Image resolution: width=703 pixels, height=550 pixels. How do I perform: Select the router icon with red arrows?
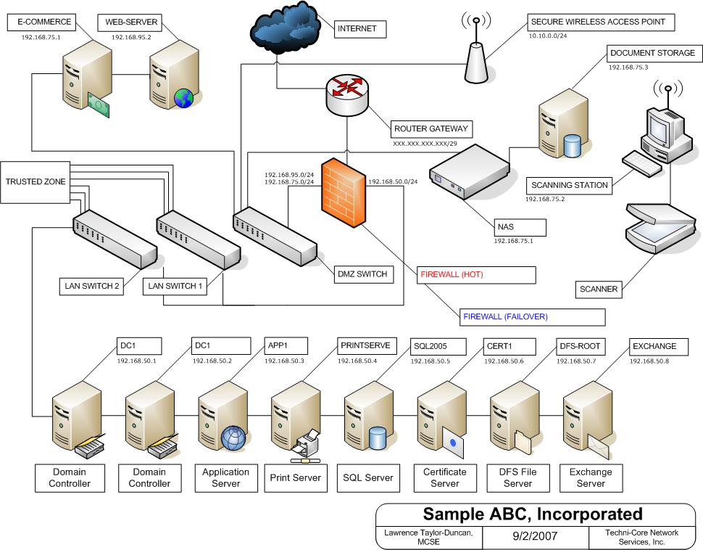click(347, 91)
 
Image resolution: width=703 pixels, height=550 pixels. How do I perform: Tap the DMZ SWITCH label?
click(362, 274)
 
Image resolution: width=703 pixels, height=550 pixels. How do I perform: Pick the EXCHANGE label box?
click(654, 346)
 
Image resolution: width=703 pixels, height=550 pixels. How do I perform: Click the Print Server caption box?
click(295, 477)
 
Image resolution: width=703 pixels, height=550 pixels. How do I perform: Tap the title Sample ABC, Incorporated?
click(532, 514)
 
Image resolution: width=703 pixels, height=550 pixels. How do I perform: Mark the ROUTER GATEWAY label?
click(431, 129)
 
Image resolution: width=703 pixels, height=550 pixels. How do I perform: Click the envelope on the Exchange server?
click(599, 441)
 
